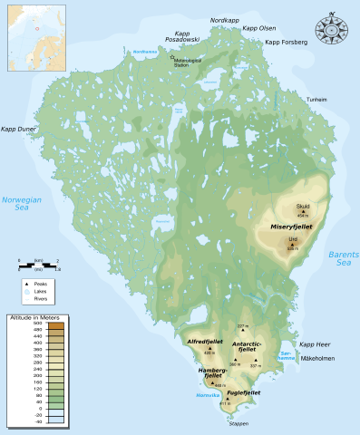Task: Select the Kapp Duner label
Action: pyautogui.click(x=19, y=130)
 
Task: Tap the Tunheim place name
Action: pyautogui.click(x=316, y=99)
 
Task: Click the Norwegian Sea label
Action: pyautogui.click(x=21, y=203)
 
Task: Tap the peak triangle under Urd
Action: pyautogui.click(x=292, y=244)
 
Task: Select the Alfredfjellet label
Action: pyautogui.click(x=205, y=342)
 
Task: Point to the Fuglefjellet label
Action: pyautogui.click(x=243, y=392)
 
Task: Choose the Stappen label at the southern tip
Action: pyautogui.click(x=239, y=423)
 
